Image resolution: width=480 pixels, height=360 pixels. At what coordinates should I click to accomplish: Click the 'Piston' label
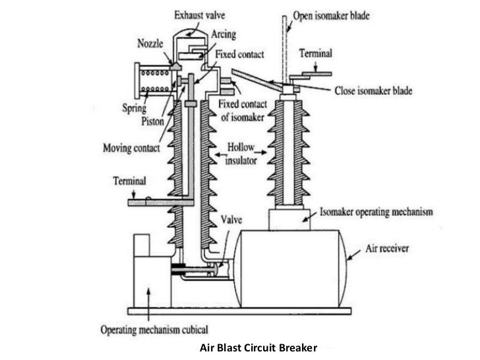coord(152,120)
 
